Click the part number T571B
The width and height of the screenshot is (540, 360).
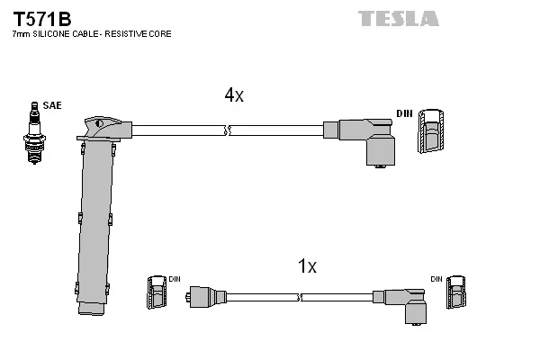click(41, 17)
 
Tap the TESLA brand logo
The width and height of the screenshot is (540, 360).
click(399, 18)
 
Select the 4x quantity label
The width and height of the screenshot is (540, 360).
click(233, 95)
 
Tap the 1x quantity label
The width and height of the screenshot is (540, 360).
click(307, 266)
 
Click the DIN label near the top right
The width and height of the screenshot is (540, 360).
click(404, 113)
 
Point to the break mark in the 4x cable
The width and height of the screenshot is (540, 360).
click(229, 130)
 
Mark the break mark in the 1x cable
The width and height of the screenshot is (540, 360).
click(298, 295)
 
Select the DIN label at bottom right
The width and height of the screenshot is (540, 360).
click(436, 279)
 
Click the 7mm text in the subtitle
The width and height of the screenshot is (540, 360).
click(20, 34)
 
